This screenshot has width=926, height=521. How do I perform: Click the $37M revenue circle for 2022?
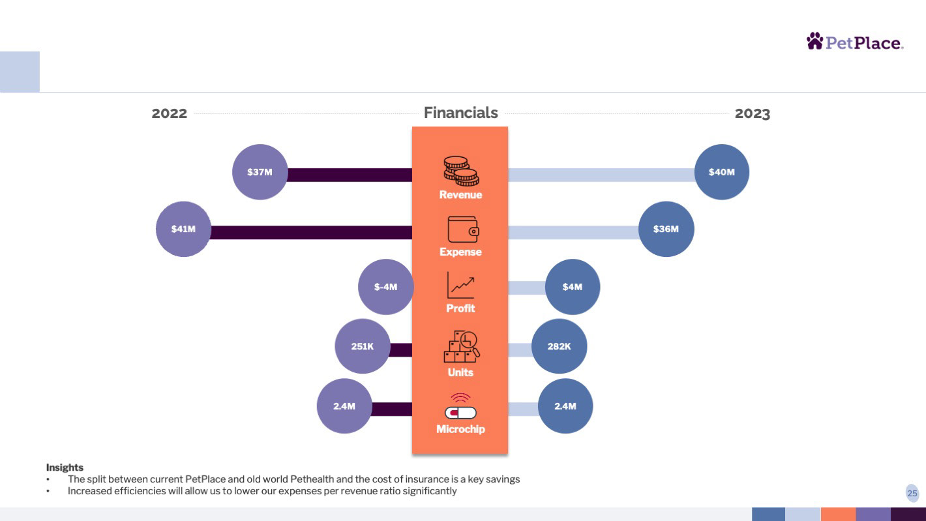(260, 172)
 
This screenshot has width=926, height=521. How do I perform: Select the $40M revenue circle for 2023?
(722, 172)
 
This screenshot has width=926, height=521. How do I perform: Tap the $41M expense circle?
(183, 229)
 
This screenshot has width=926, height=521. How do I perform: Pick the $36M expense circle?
(666, 229)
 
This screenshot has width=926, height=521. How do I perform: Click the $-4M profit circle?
(385, 287)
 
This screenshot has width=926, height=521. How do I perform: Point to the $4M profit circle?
(573, 287)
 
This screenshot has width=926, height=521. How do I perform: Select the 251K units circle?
(363, 346)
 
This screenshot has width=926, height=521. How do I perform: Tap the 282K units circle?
(559, 346)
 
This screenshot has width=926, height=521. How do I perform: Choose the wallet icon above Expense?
(463, 229)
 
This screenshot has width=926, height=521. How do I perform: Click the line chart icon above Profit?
(460, 285)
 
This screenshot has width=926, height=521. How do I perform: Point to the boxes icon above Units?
(461, 346)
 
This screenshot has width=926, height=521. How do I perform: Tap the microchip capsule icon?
(460, 406)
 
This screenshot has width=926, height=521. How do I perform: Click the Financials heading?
(460, 113)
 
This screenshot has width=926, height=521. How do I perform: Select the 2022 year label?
(170, 113)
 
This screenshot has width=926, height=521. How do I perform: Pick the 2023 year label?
(753, 113)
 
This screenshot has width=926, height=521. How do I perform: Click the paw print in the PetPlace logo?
(814, 41)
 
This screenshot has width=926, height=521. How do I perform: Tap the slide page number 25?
(912, 494)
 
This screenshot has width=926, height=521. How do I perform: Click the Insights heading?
(65, 468)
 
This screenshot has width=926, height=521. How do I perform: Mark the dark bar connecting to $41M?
(311, 232)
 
